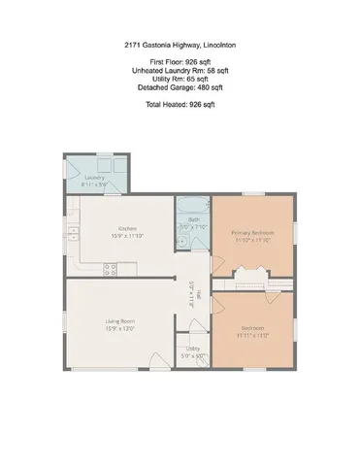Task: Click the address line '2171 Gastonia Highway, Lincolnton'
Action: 180,45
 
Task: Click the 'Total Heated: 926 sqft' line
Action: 180,102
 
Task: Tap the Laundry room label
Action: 94,178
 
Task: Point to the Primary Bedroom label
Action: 252,233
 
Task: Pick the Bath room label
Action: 193,220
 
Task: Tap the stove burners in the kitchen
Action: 111,270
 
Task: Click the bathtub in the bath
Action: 193,205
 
